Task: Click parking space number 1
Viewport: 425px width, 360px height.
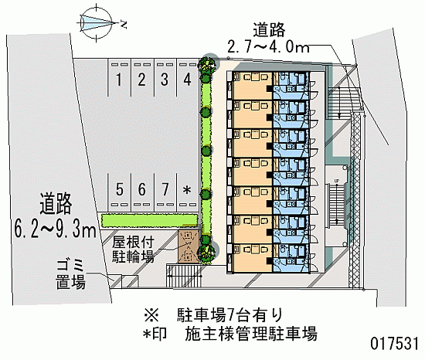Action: pos(119,80)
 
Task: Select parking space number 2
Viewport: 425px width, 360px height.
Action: pos(141,80)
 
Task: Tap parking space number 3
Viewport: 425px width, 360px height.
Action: pos(165,80)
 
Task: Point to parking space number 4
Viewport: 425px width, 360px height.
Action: pos(187,80)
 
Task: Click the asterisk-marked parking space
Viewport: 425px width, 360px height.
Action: pos(187,190)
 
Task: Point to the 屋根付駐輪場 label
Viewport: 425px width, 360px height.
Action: pos(133,250)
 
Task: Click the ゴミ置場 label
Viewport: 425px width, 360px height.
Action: pos(71,275)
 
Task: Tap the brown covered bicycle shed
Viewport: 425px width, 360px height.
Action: pos(189,246)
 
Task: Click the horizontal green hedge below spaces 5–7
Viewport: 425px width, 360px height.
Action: pos(149,220)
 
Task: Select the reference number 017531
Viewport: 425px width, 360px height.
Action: pos(394,344)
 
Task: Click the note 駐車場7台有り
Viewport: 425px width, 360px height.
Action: pos(229,315)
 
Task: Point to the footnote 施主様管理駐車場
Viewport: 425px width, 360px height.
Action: pos(251,334)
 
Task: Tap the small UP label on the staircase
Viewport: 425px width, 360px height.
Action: pos(337,181)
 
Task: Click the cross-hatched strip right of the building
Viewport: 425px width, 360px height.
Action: pos(355,200)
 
